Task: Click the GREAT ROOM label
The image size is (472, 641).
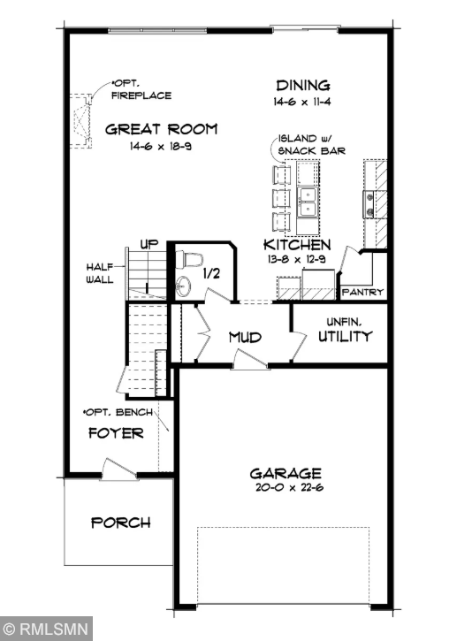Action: (x=161, y=129)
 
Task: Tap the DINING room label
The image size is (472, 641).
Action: (x=302, y=86)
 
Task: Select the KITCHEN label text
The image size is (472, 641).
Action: (x=297, y=244)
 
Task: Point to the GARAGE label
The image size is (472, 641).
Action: (x=285, y=473)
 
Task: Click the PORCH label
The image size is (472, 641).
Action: (x=121, y=523)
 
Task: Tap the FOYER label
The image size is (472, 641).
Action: (x=116, y=433)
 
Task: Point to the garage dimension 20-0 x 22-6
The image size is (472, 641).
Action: (x=285, y=487)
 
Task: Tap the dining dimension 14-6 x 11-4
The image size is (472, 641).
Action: (x=302, y=102)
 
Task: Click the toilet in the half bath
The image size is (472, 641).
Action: (x=190, y=259)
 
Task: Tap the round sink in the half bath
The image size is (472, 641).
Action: (x=183, y=286)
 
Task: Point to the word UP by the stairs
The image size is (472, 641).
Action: (x=148, y=245)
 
